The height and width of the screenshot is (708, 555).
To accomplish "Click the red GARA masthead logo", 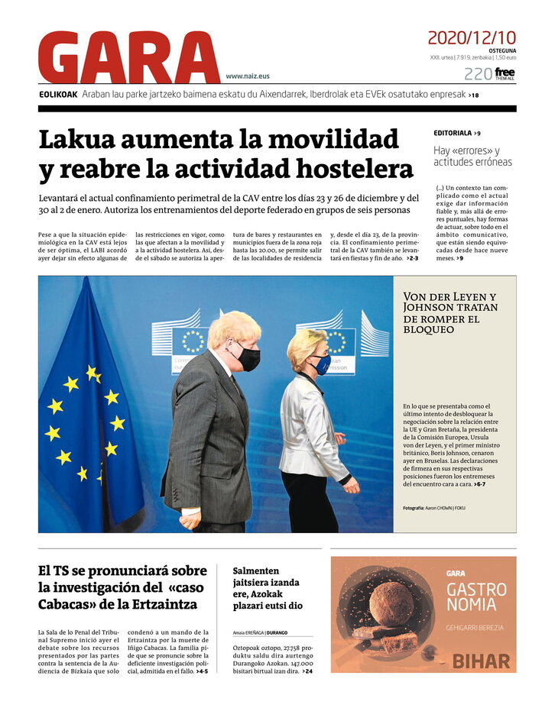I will coord(128,58).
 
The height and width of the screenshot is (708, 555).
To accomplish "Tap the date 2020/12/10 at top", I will coord(472,37).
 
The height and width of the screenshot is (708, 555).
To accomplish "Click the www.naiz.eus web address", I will coord(248,76).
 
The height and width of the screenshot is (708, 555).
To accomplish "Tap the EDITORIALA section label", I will coord(453,133).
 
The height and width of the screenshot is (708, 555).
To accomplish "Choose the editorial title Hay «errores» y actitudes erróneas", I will coord(472,157).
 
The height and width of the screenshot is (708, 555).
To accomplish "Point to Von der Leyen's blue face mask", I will coord(322,364).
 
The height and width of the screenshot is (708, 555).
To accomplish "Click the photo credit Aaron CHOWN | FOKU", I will coord(434,508).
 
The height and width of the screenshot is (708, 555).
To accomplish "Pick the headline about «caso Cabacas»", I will coord(122,587).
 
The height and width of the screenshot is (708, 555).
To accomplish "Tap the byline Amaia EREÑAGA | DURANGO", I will coord(266,632).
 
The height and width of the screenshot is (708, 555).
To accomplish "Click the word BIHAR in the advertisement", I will coord(480,661).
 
